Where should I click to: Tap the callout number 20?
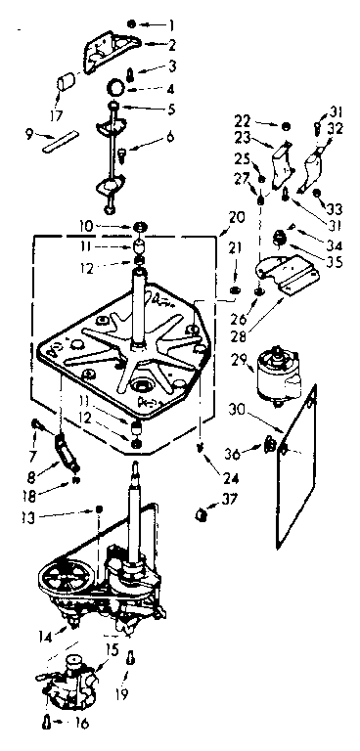[x=236, y=216]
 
